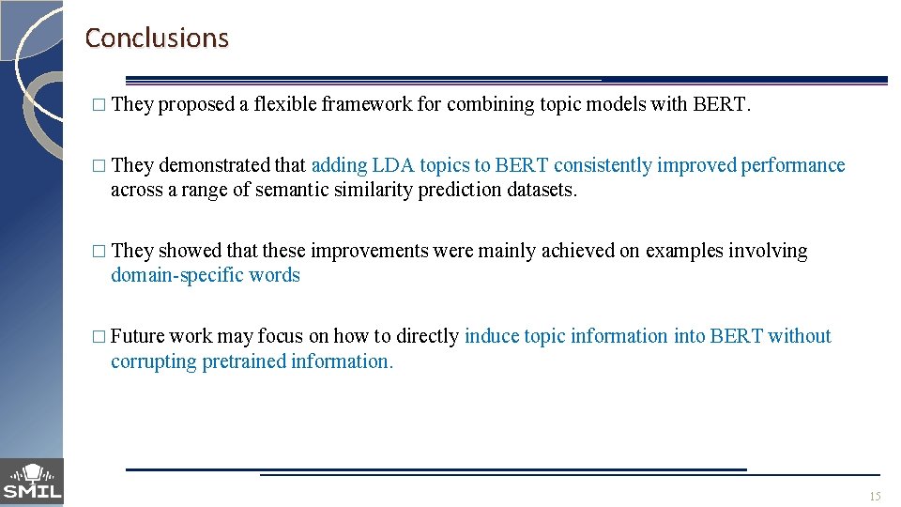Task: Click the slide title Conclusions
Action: tap(157, 38)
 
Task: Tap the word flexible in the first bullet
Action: tap(284, 104)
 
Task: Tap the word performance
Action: tap(793, 166)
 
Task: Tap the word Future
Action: tap(137, 336)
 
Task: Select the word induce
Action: tap(491, 336)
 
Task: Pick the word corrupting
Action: tap(153, 361)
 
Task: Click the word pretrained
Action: tap(244, 361)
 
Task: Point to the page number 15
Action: tap(875, 496)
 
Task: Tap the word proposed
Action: tap(196, 105)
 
